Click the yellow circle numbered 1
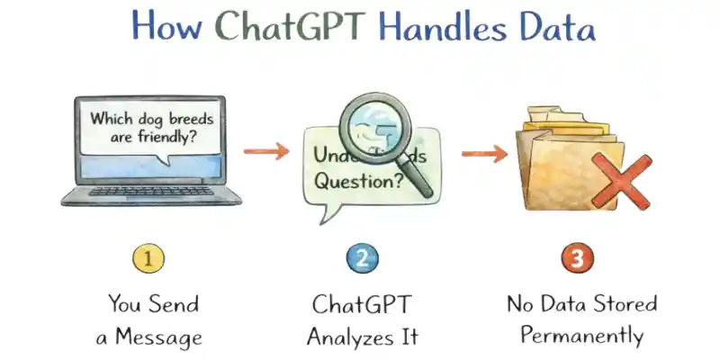[149, 260]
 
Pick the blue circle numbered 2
[361, 260]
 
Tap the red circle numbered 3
[578, 260]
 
